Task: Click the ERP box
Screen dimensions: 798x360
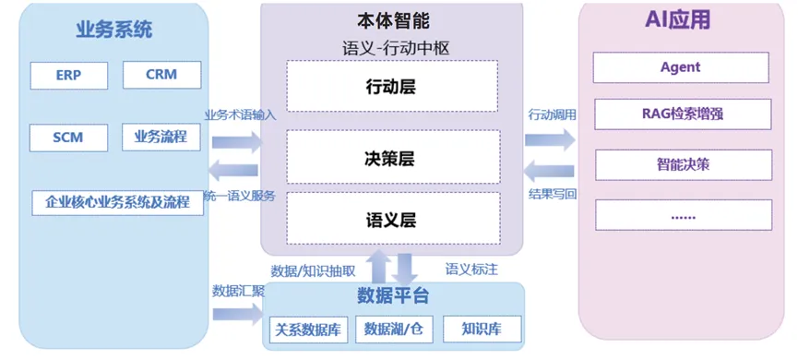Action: tap(68, 76)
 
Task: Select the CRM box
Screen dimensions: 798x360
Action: tap(161, 75)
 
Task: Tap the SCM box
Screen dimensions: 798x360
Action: tap(68, 138)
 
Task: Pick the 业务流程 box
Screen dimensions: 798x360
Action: tap(161, 137)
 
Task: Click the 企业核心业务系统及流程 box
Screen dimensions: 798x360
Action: tap(117, 203)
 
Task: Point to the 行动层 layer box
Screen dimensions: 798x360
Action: tap(392, 86)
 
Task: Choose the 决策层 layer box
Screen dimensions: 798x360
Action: tap(393, 157)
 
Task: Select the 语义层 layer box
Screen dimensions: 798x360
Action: tap(393, 219)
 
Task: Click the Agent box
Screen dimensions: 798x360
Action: tap(681, 67)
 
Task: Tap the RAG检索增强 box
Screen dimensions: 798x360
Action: tap(683, 114)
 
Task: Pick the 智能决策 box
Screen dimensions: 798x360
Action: tap(684, 165)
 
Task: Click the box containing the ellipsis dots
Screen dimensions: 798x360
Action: tap(684, 215)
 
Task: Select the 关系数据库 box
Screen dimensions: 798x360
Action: tap(308, 330)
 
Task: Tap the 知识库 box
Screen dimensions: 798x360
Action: tap(482, 329)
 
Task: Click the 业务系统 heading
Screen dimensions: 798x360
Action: tap(114, 30)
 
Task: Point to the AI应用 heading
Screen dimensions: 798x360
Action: tap(677, 20)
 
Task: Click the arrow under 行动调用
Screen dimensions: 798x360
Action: tap(550, 139)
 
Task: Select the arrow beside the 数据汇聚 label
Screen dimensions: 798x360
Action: tap(238, 314)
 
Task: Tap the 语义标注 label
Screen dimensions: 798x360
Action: tap(471, 270)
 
